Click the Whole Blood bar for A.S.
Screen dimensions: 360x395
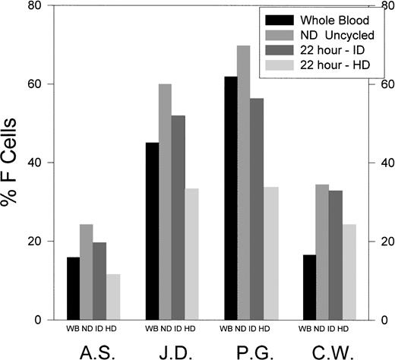point(73,289)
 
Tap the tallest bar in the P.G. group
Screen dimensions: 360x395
point(243,183)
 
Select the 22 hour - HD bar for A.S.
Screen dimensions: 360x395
point(113,297)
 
